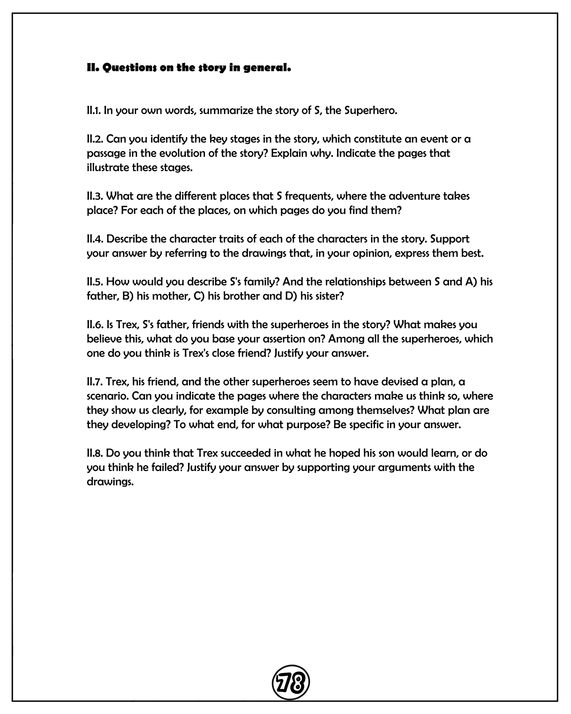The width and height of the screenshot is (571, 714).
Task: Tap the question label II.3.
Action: point(95,196)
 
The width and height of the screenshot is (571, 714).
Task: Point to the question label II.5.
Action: point(95,282)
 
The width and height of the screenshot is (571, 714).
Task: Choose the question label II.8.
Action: point(95,453)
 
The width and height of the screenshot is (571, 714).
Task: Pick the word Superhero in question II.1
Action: point(370,111)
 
